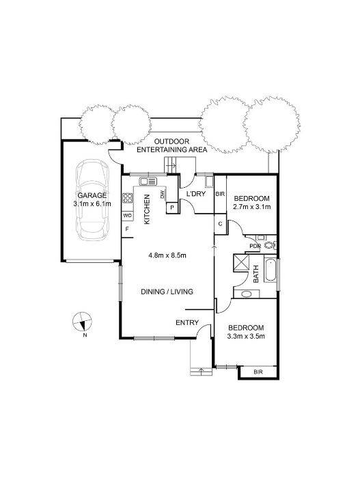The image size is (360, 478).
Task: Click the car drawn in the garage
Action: (x=92, y=200)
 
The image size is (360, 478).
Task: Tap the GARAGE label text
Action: (x=92, y=195)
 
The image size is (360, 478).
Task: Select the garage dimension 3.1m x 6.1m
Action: (x=92, y=203)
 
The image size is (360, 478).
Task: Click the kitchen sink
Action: (x=148, y=182)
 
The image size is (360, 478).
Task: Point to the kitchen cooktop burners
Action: (x=127, y=198)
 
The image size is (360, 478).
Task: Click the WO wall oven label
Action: (x=127, y=216)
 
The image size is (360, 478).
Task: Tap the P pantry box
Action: (x=172, y=208)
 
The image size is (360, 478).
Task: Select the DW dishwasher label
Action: (x=162, y=195)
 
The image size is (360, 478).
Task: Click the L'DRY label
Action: (x=195, y=193)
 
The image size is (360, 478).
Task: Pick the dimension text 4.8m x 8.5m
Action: (x=167, y=255)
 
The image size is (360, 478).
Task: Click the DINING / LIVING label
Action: (x=167, y=292)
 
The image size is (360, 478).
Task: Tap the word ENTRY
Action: (x=187, y=322)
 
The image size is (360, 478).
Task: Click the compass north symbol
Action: (x=82, y=322)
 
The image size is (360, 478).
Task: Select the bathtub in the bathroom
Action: (x=271, y=270)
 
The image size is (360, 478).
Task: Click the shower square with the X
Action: (x=241, y=263)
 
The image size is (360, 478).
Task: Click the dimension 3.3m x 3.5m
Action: (x=246, y=337)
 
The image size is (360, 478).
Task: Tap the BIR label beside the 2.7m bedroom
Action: (x=220, y=194)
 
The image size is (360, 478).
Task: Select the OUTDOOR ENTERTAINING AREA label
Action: (x=171, y=145)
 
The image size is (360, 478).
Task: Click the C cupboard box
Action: (x=220, y=224)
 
